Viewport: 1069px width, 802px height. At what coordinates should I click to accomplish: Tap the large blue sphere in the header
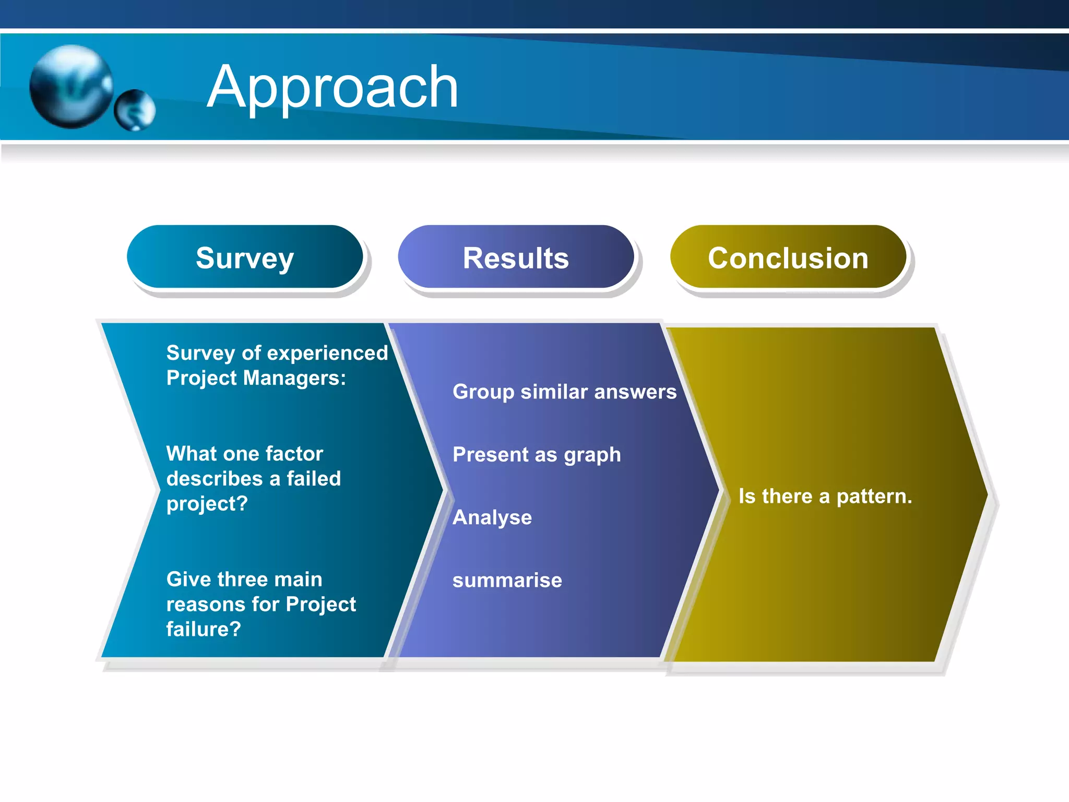tap(72, 86)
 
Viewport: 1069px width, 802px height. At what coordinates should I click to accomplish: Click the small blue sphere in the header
tap(135, 110)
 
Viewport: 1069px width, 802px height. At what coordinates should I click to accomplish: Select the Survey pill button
tap(245, 257)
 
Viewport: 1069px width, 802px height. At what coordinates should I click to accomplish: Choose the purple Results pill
tap(516, 257)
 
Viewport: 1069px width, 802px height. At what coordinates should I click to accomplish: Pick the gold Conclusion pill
tap(788, 257)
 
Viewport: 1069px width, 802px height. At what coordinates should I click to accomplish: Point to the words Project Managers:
tap(256, 378)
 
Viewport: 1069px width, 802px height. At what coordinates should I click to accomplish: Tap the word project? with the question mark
tap(207, 503)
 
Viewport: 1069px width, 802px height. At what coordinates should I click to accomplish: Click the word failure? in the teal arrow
tap(204, 629)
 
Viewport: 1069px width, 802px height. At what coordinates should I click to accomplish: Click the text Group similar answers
tap(564, 392)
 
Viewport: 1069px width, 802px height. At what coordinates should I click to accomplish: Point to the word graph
tap(592, 455)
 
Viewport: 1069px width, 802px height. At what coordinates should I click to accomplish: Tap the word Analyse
tap(492, 517)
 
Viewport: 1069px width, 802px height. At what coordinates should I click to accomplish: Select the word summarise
tap(507, 580)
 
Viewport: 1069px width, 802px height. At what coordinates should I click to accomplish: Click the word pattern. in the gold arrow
tap(874, 496)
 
